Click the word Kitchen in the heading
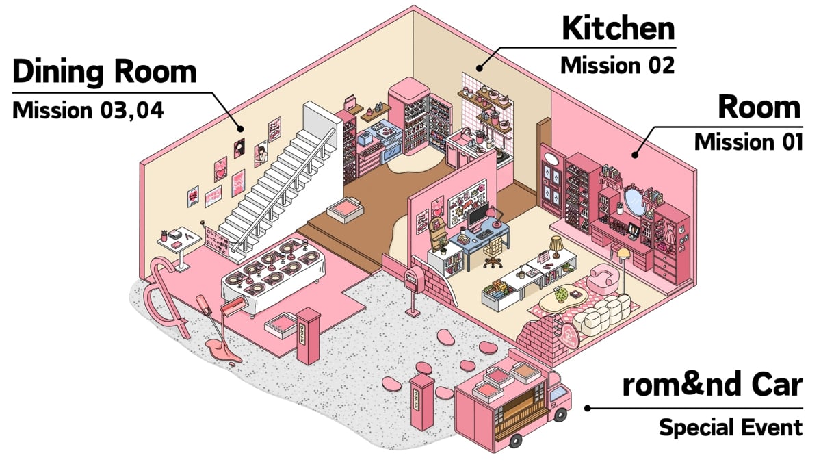click(618, 29)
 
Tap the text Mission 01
click(748, 142)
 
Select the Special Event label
click(730, 428)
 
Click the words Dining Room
click(105, 72)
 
